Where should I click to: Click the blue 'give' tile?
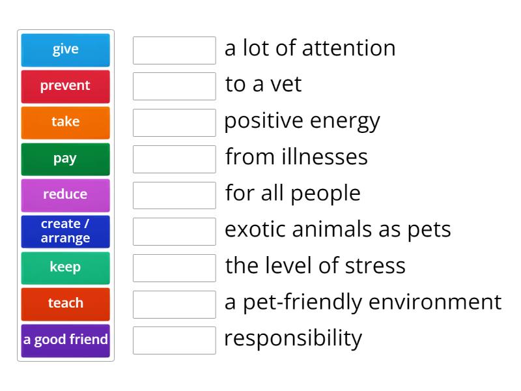tap(66, 50)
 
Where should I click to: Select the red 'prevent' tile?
tap(66, 87)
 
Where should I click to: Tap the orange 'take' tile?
tap(66, 123)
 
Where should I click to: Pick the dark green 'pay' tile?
tap(66, 159)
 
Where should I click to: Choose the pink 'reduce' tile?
tap(66, 195)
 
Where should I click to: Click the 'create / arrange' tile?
tap(66, 232)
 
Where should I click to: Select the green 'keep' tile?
tap(66, 268)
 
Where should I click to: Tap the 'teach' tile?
tap(66, 304)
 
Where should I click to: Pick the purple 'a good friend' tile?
tap(66, 341)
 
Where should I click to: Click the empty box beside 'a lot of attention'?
tap(175, 50)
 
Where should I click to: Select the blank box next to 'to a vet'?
tap(175, 87)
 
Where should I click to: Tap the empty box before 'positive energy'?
tap(175, 123)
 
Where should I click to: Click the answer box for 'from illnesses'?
tap(175, 159)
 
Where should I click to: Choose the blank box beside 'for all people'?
tap(175, 195)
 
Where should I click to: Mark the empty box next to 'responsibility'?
tap(175, 340)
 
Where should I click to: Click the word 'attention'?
tap(349, 48)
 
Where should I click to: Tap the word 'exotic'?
tap(255, 229)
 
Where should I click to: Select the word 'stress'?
tap(375, 266)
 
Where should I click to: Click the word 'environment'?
tap(435, 302)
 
